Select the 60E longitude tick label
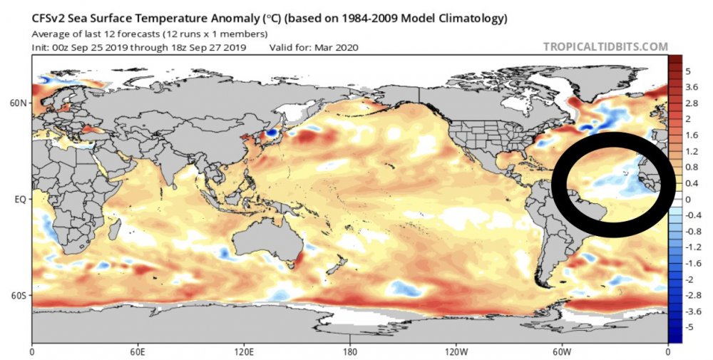[138, 351]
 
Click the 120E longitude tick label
[243, 351]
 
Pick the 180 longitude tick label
[350, 351]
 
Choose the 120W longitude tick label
[456, 351]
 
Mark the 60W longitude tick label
[562, 351]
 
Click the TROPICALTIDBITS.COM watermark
[605, 47]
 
